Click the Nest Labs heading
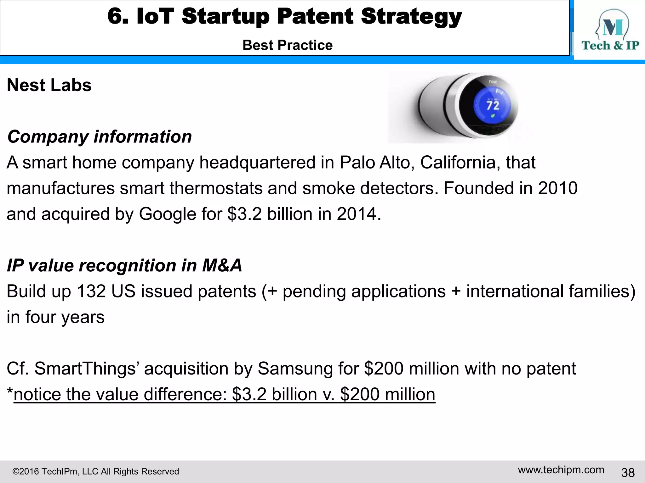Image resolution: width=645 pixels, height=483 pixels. coord(49,85)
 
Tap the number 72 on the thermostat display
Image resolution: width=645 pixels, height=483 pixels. coord(493,105)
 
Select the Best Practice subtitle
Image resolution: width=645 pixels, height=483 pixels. coord(288,45)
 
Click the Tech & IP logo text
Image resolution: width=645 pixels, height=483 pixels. coord(610,46)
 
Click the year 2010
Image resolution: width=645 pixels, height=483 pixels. coord(558,188)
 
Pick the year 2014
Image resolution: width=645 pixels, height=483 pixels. coord(357,214)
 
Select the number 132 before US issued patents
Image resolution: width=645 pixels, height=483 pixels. coord(91,291)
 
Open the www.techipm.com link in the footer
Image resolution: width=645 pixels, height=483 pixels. coord(561,470)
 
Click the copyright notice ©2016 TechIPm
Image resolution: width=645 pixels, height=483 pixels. coord(95,472)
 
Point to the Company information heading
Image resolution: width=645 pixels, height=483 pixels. coord(100,137)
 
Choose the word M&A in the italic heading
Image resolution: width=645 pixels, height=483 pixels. coord(222,265)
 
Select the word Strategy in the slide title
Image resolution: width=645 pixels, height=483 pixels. coord(411,16)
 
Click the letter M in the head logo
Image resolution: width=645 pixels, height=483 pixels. coord(613,28)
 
